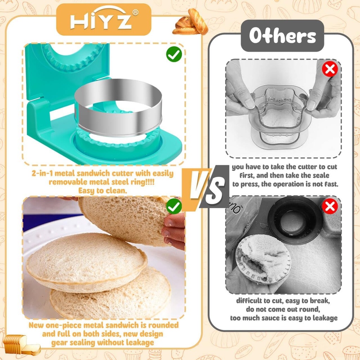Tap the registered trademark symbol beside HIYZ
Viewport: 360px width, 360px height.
click(x=135, y=13)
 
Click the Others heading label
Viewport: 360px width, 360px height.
click(x=283, y=36)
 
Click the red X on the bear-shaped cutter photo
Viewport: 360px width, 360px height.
click(x=330, y=70)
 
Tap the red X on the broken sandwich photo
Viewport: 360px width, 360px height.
click(x=330, y=206)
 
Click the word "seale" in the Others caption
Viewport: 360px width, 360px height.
click(x=319, y=175)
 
